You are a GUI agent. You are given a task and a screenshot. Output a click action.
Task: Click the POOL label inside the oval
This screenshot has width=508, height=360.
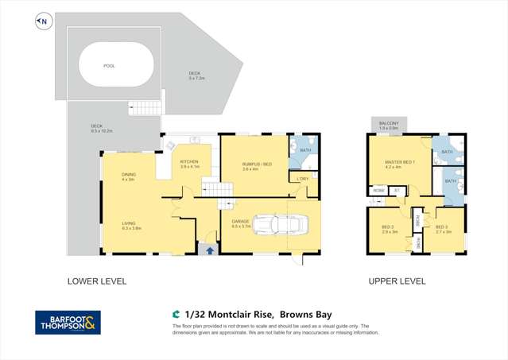coord(109,67)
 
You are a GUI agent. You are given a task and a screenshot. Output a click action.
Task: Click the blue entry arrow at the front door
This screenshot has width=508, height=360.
coord(210,250)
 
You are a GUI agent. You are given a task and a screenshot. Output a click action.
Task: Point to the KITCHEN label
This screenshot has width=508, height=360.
coord(189,162)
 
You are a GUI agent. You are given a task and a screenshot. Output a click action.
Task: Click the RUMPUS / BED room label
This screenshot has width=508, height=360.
coord(257,165)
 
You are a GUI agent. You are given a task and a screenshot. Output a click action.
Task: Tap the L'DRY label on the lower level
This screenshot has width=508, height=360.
coord(301,179)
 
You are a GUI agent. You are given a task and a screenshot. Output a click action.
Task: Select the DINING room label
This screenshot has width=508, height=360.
coord(128,176)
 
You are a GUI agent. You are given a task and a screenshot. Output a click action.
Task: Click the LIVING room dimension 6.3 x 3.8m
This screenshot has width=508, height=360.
coord(131,228)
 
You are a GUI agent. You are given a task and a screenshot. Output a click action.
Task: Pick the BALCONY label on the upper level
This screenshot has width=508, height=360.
coord(390,123)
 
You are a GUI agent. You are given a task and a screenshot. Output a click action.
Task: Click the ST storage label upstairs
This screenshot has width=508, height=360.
coord(397,189)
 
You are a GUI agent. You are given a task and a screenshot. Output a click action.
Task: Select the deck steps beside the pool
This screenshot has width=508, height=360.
coord(145,107)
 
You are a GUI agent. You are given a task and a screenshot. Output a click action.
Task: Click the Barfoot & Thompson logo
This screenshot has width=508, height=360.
coord(68,322)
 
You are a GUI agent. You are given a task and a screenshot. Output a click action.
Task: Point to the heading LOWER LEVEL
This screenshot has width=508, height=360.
coord(97,281)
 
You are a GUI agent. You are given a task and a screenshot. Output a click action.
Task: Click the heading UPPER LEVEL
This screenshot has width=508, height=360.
coord(397,281)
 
